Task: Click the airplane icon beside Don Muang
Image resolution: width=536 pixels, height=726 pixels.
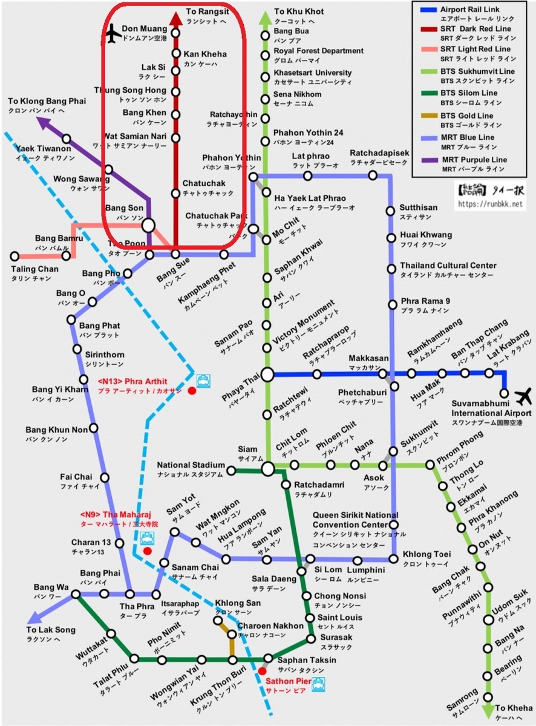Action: pos(113,34)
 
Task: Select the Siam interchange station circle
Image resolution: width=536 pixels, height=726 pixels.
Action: pos(267,468)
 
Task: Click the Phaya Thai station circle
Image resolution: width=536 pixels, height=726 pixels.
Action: pos(267,374)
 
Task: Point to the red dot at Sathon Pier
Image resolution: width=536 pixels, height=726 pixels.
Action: pos(262,670)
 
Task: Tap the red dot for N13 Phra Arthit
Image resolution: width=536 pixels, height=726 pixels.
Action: pos(192,391)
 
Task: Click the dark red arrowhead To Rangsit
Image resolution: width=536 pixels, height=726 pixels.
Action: pos(175,18)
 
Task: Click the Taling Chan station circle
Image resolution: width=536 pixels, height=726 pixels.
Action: pos(14,256)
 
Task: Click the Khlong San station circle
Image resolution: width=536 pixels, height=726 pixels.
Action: pos(218,620)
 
